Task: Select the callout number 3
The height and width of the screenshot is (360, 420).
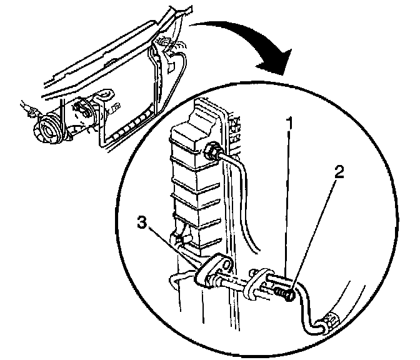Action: click(x=142, y=222)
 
